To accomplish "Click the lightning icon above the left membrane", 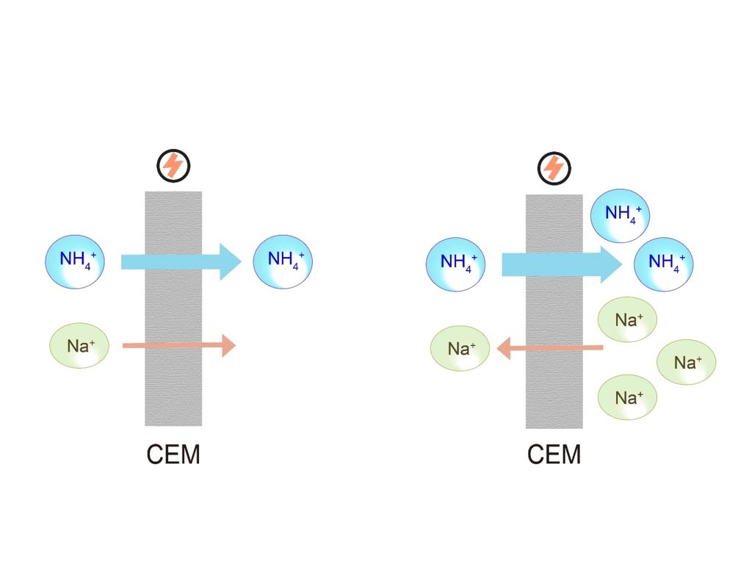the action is (173, 166).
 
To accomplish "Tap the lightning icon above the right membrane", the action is (554, 169).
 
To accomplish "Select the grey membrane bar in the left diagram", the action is (173, 308).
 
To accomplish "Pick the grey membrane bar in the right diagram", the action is (554, 311).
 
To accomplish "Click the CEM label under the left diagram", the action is (173, 454).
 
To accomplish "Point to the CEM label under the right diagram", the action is (554, 454).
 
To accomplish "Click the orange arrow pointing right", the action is (179, 345).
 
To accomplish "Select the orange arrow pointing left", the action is (550, 347).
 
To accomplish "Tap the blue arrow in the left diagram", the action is (181, 262).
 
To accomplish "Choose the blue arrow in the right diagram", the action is (562, 264).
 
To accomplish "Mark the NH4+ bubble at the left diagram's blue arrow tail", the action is (75, 262).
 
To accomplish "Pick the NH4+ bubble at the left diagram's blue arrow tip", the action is (283, 262).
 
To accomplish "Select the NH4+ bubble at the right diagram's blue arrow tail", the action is (455, 264).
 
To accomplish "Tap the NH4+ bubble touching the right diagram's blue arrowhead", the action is (664, 264).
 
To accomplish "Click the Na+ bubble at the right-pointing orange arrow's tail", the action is (79, 346).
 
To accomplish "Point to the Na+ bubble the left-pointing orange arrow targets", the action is (460, 349).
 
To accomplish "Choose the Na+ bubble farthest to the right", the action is (687, 362).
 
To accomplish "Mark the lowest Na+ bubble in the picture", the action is (627, 397).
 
